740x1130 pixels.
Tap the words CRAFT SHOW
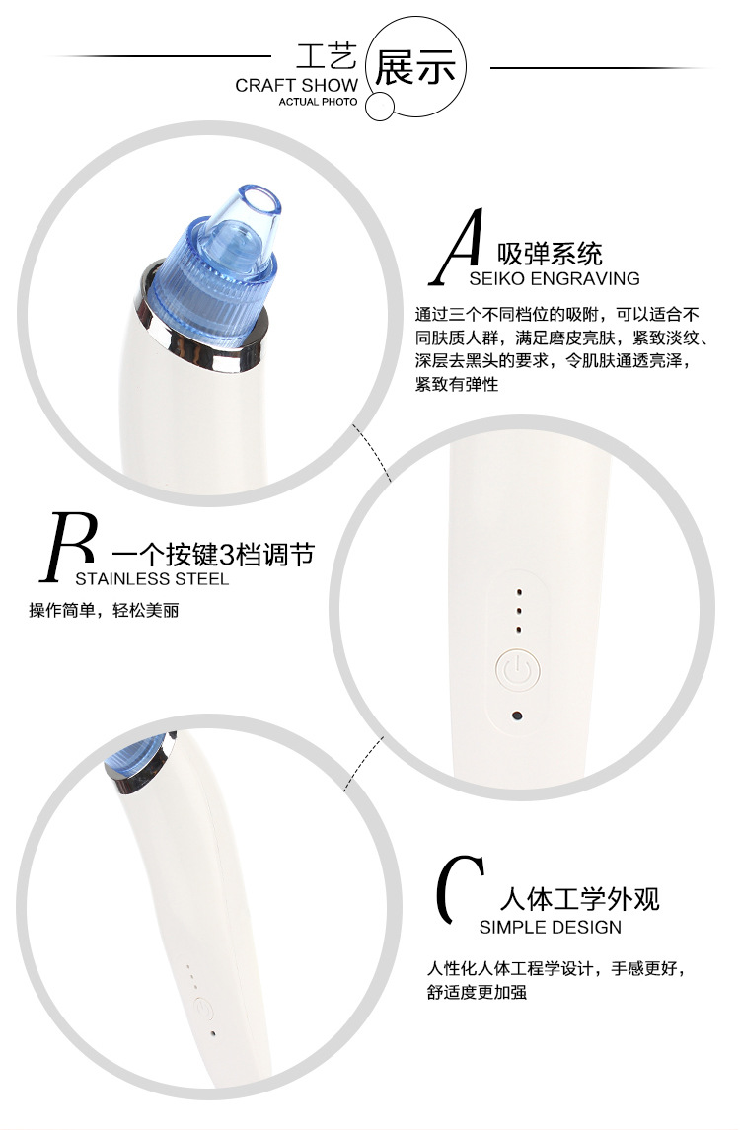click(x=296, y=86)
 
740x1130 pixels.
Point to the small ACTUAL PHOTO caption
click(x=318, y=102)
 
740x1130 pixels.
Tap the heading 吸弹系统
click(x=550, y=255)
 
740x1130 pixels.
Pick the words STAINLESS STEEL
click(x=152, y=578)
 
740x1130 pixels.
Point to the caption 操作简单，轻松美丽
click(x=104, y=611)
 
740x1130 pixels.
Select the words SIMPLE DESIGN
click(x=551, y=927)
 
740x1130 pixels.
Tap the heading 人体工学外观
click(x=579, y=899)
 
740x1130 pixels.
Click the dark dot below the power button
click(x=516, y=716)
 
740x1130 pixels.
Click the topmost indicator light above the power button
click(x=516, y=595)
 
